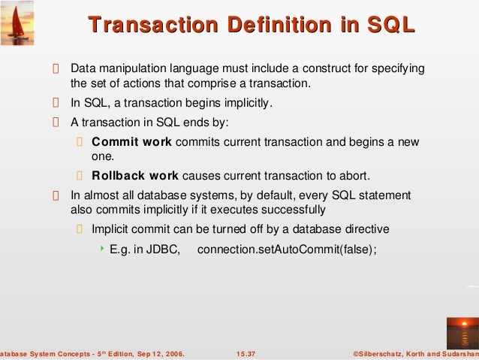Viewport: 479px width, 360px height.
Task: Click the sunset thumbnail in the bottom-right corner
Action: (x=461, y=331)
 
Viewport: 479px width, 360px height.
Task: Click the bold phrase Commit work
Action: (x=131, y=142)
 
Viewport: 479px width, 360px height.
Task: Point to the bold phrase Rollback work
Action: (x=135, y=176)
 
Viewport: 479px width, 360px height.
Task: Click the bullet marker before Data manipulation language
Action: (x=55, y=69)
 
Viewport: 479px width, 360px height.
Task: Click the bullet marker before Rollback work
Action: (x=81, y=177)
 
